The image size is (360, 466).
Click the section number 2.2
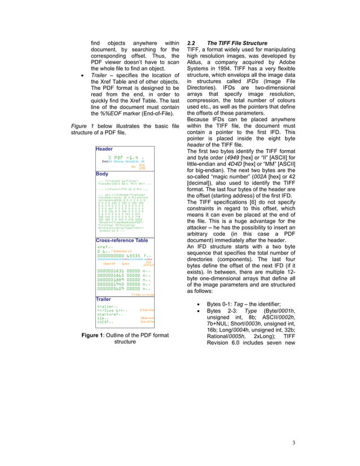click(192, 43)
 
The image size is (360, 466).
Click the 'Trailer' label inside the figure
click(104, 299)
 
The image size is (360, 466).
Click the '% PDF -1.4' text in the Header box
click(125, 157)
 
